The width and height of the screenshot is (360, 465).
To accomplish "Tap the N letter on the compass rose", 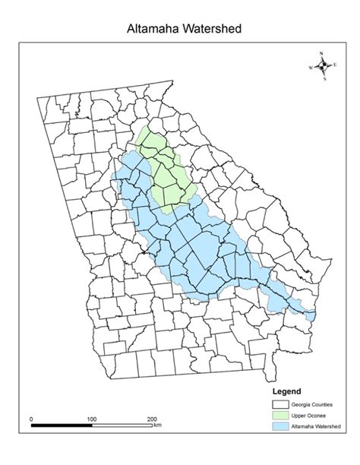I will tap(322, 53).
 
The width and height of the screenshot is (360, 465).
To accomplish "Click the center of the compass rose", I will tap(323, 66).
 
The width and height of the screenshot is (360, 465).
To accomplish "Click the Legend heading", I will tap(286, 391).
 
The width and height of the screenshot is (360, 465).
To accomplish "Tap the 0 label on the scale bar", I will tap(31, 419).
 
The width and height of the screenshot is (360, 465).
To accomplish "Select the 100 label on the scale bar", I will tap(91, 419).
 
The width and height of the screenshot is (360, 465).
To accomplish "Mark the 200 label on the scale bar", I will tap(152, 419).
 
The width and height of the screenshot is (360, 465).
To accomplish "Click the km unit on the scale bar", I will tap(157, 425).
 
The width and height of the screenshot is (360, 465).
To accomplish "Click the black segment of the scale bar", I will tap(61, 425).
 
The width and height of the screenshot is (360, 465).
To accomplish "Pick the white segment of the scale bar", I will tap(122, 425).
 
